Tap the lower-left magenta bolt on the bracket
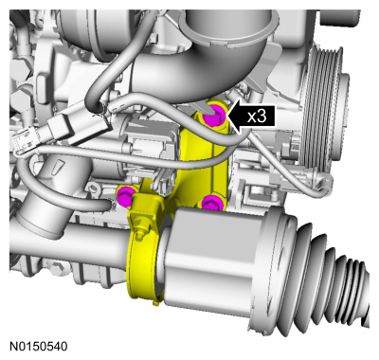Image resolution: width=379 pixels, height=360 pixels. (123, 197)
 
